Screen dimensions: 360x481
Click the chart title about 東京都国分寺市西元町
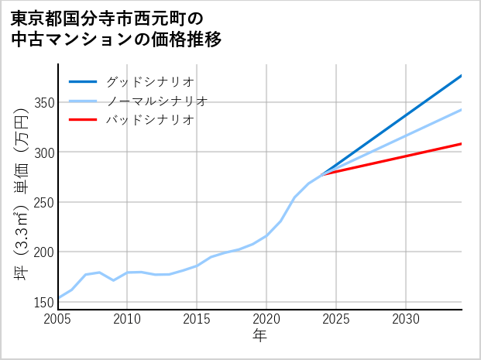coord(117,29)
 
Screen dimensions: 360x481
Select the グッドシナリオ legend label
coord(149,81)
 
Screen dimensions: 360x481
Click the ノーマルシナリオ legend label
coord(156,101)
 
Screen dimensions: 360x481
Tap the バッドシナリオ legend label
coord(149,120)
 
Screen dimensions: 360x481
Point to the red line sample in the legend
coord(84,120)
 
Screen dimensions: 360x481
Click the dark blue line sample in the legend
coord(84,81)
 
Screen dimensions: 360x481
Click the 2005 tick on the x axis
coord(58,319)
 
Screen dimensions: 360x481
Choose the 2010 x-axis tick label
coord(127,319)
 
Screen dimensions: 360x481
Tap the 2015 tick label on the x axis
coord(197,319)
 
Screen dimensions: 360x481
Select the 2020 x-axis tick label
coord(266,319)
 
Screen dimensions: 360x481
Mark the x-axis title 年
coord(259,336)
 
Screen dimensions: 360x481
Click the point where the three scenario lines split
coord(321,174)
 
